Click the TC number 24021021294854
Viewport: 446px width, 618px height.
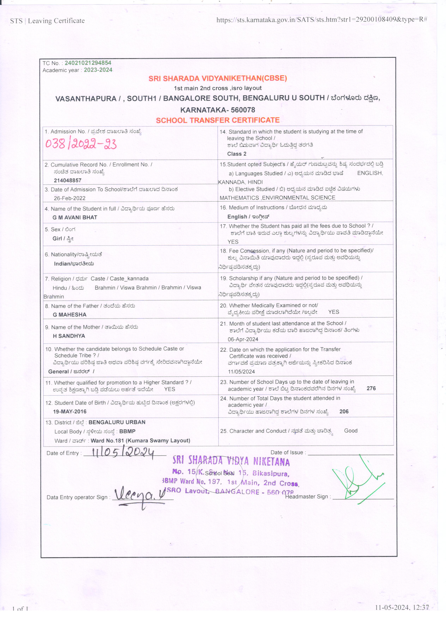click(x=88, y=63)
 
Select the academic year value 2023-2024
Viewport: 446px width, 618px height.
click(x=98, y=70)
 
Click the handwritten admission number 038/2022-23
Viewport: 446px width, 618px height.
click(x=81, y=144)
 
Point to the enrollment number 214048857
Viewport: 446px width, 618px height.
click(x=67, y=180)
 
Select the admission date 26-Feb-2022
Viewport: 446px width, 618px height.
click(x=70, y=198)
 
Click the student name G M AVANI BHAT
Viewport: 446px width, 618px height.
click(x=75, y=217)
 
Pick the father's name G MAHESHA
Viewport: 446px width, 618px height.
click(x=69, y=314)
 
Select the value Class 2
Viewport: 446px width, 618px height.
click(x=237, y=154)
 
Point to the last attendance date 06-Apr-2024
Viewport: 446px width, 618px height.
click(x=243, y=339)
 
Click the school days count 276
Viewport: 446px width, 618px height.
click(x=371, y=388)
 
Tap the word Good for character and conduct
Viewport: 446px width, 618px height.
click(x=351, y=431)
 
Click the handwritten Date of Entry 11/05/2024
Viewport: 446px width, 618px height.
click(x=123, y=453)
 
